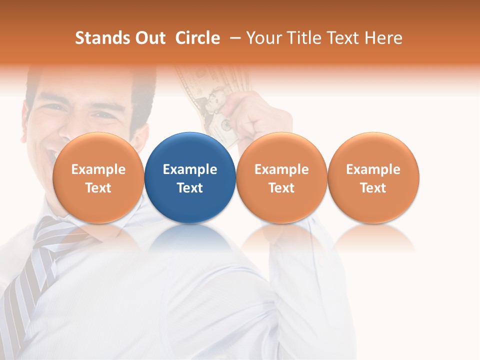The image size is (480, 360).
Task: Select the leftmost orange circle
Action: coord(98,177)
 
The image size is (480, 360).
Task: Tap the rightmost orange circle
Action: coord(373,177)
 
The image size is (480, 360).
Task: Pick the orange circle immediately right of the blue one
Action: coord(281,177)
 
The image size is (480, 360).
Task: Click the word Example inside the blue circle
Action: coord(190,169)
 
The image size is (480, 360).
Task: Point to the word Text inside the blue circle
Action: coord(190,188)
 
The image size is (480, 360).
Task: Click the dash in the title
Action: coord(233,38)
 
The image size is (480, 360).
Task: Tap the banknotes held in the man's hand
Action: coord(210,95)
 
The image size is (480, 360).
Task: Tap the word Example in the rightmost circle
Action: coord(373,169)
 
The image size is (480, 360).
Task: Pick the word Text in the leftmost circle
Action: coord(98,188)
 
